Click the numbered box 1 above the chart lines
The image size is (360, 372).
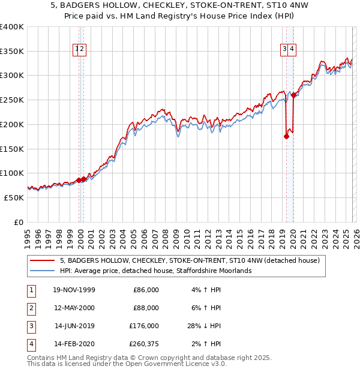pyautogui.click(x=77, y=50)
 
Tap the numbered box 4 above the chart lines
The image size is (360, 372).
pyautogui.click(x=291, y=50)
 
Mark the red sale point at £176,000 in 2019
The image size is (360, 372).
pyautogui.click(x=286, y=136)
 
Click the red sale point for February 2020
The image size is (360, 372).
pyautogui.click(x=293, y=95)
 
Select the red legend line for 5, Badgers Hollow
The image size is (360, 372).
pyautogui.click(x=42, y=261)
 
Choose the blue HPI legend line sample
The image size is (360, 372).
pyautogui.click(x=42, y=271)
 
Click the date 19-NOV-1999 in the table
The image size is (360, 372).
pyautogui.click(x=74, y=290)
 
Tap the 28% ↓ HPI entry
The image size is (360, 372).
pyautogui.click(x=203, y=326)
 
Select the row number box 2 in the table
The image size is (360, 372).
pyautogui.click(x=31, y=308)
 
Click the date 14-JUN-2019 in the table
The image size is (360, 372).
pyautogui.click(x=74, y=326)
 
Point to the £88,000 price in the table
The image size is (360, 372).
pyautogui.click(x=146, y=308)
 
